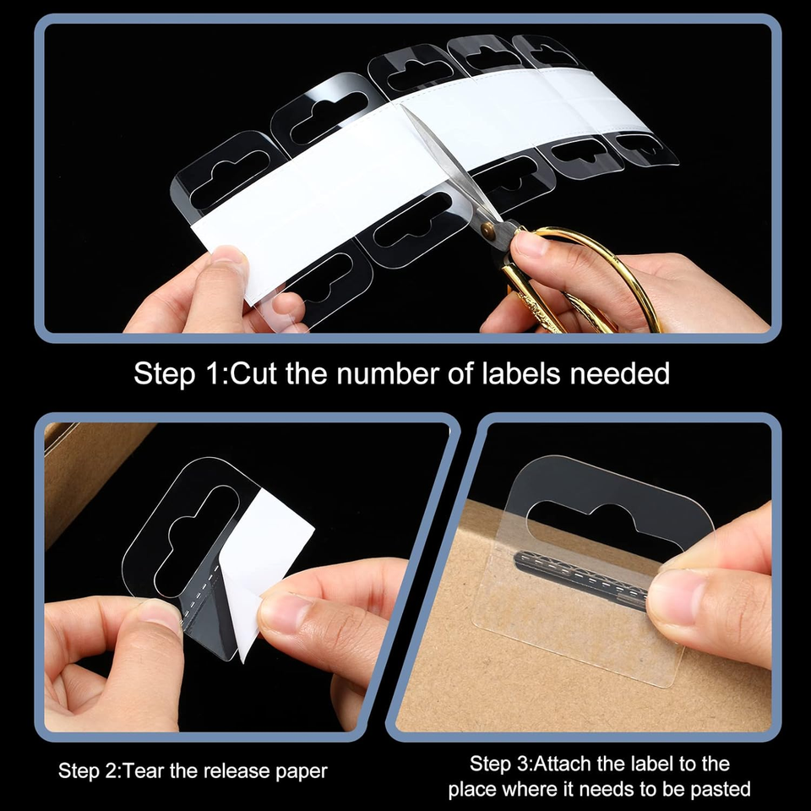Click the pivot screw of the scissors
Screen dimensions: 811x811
488,230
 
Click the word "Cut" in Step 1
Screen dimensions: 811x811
253,373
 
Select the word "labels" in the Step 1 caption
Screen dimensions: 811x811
521,373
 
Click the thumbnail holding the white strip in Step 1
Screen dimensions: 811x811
227,255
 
